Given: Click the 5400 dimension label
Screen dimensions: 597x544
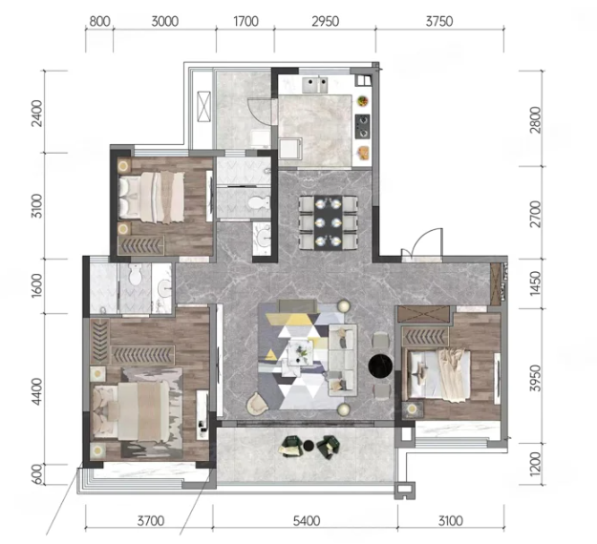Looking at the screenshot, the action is tap(307, 520).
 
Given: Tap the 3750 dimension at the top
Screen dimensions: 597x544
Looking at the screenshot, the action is tap(439, 21).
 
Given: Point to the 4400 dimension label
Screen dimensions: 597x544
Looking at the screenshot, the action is tap(37, 391).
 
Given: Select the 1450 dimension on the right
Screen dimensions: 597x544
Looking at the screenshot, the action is tap(535, 283).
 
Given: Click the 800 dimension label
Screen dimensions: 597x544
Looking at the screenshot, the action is tap(99, 21).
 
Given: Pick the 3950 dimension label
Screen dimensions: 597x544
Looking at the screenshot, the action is tap(535, 378).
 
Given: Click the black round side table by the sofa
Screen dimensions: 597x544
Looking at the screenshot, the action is tap(380, 366).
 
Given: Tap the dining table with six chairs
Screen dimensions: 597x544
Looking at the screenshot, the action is tap(329, 222).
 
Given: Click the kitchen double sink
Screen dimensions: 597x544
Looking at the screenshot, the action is tap(315, 85).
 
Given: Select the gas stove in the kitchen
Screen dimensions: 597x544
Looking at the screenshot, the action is tap(362, 126).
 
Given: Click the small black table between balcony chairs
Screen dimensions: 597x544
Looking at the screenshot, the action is tap(308, 445).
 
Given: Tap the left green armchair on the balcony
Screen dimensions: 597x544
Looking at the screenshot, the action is tap(291, 446).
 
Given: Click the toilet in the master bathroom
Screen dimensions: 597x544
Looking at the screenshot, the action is tap(135, 274).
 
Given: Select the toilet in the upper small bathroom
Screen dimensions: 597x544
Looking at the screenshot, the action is tap(259, 202).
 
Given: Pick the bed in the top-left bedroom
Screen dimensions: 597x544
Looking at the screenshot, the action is tap(152, 197).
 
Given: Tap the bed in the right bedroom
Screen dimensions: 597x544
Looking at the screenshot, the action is tap(438, 375).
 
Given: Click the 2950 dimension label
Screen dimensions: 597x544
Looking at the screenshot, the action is tap(325, 21).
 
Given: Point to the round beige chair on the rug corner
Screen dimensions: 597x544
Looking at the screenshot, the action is tap(258, 403).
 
